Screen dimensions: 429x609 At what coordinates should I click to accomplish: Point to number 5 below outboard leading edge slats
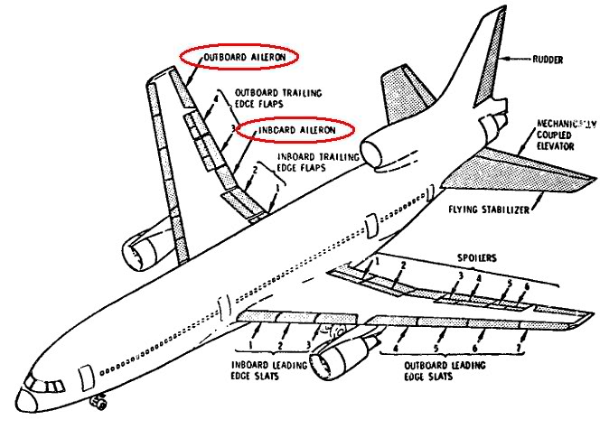[x=436, y=347]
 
